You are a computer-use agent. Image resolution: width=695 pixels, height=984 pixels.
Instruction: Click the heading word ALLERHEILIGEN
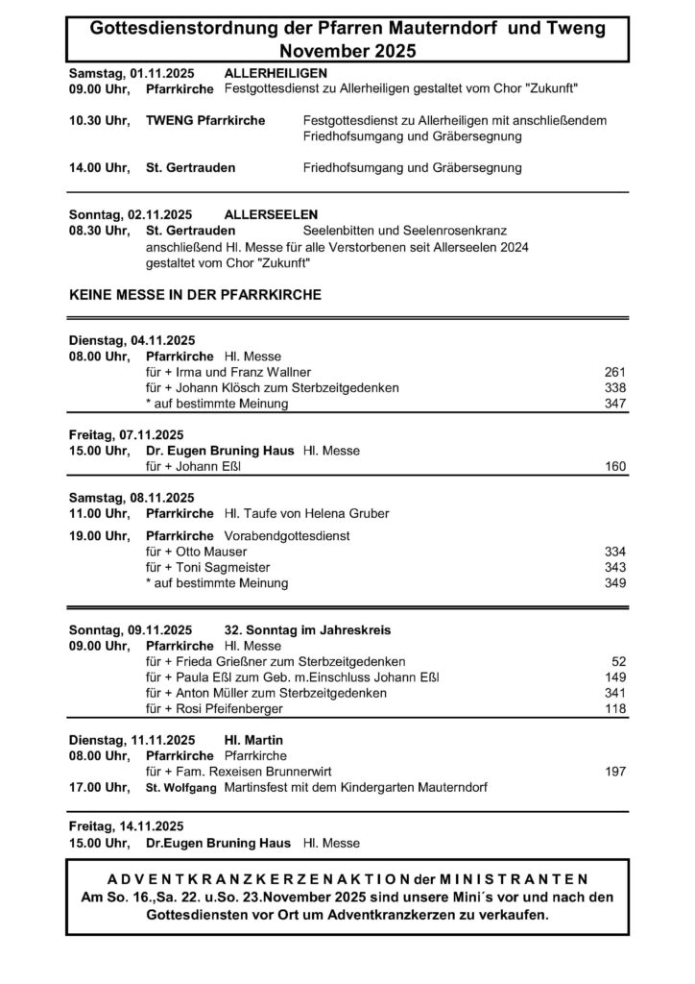[x=276, y=73]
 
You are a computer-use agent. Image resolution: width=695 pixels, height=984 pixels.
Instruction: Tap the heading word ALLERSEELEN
[x=271, y=213]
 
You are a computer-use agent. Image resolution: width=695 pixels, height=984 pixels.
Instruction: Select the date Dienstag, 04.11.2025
[x=132, y=340]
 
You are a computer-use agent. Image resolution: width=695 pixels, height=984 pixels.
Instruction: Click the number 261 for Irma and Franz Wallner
[x=615, y=372]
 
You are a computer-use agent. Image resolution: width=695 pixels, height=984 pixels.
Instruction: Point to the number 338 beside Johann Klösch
[x=615, y=387]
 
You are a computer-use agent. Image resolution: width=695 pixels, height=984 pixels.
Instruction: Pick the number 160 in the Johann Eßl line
[x=615, y=467]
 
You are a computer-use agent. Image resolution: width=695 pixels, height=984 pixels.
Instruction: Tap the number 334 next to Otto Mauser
[x=615, y=552]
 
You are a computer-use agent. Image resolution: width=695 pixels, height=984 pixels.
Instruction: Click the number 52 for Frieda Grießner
[x=619, y=662]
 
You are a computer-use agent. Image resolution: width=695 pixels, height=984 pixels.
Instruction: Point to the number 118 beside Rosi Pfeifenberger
[x=615, y=709]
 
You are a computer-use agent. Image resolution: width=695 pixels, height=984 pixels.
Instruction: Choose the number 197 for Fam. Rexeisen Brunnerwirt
[x=615, y=772]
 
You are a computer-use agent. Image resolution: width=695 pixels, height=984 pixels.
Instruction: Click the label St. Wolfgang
[x=181, y=788]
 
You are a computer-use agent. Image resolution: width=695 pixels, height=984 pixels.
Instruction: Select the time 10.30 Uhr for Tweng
[x=98, y=120]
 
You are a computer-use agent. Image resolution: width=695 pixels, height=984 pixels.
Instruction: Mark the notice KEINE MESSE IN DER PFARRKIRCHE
[x=196, y=294]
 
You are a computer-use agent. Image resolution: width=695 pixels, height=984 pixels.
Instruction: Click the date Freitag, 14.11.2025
[x=125, y=826]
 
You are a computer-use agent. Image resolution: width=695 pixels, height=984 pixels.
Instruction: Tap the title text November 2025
[x=347, y=51]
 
